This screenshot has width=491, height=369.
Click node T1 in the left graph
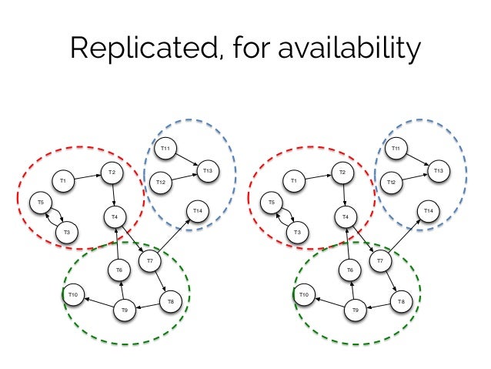click(63, 181)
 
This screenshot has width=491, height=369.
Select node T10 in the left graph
click(74, 294)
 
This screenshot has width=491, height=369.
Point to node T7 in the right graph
click(379, 262)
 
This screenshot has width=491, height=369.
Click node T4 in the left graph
click(115, 217)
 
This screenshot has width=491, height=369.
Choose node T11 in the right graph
click(396, 148)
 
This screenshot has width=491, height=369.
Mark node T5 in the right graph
click(272, 203)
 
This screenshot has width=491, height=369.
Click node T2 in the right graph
click(342, 173)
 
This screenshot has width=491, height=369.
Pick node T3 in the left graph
click(67, 232)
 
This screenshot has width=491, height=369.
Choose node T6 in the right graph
click(349, 270)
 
